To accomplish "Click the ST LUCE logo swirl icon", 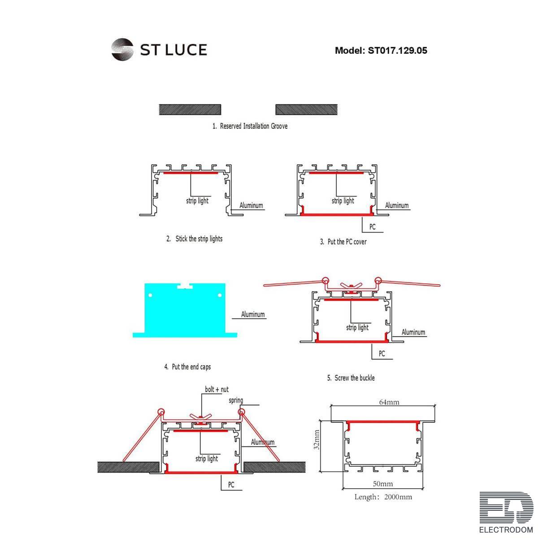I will [122, 49].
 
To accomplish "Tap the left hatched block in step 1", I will [190, 109].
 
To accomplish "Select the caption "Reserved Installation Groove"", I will [253, 126].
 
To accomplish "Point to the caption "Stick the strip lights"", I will [199, 239].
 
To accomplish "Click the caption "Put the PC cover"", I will [347, 242].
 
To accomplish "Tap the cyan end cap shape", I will [185, 309].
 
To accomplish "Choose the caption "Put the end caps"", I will [191, 367].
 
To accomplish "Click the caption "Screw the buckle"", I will [354, 378].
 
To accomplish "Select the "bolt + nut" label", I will [217, 390].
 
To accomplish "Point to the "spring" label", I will [236, 400].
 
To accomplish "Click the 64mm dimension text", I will [389, 402].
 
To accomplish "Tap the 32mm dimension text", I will [317, 440].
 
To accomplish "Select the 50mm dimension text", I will [383, 484].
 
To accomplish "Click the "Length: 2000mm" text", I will [383, 497].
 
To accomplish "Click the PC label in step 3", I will [372, 227].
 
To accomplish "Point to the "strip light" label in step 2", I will [197, 201].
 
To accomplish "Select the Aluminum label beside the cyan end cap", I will [253, 315].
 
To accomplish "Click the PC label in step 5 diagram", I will [382, 354].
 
